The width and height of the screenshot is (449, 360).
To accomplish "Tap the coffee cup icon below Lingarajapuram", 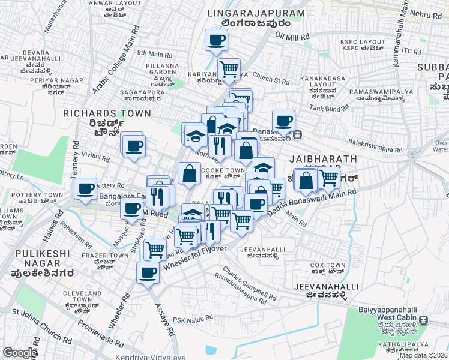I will click(x=216, y=41).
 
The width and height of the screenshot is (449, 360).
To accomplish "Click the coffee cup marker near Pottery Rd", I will click(x=86, y=189).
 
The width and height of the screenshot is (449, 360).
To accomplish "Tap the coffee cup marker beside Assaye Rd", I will click(x=148, y=274).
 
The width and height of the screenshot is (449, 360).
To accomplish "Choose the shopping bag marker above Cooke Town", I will click(x=189, y=173).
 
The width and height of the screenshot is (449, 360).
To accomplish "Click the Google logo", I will click(x=20, y=353).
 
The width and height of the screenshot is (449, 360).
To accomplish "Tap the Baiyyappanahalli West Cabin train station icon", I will click(x=424, y=320).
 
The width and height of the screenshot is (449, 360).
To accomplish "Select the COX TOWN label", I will click(x=328, y=265).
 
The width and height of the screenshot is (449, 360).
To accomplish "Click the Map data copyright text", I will click(x=423, y=355).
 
